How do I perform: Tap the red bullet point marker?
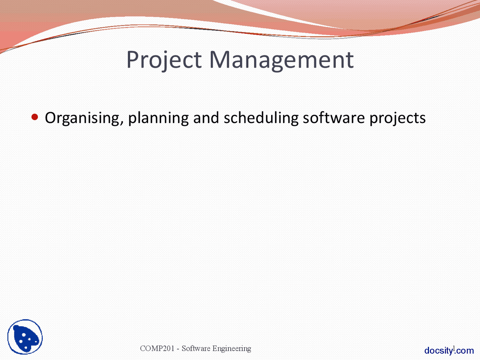pyautogui.click(x=35, y=117)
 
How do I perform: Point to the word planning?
pyautogui.click(x=158, y=118)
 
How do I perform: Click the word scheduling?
pyautogui.click(x=261, y=118)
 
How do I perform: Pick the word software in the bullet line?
pyautogui.click(x=334, y=118)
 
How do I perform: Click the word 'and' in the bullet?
pyautogui.click(x=206, y=118)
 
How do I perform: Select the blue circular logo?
pyautogui.click(x=25, y=337)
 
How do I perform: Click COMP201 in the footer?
pyautogui.click(x=157, y=348)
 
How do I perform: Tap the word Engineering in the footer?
pyautogui.click(x=232, y=349)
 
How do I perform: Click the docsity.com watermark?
pyautogui.click(x=449, y=351)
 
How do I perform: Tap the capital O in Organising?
pyautogui.click(x=51, y=118)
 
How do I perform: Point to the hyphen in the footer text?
pyautogui.click(x=178, y=349)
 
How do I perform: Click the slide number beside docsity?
pyautogui.click(x=454, y=348)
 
